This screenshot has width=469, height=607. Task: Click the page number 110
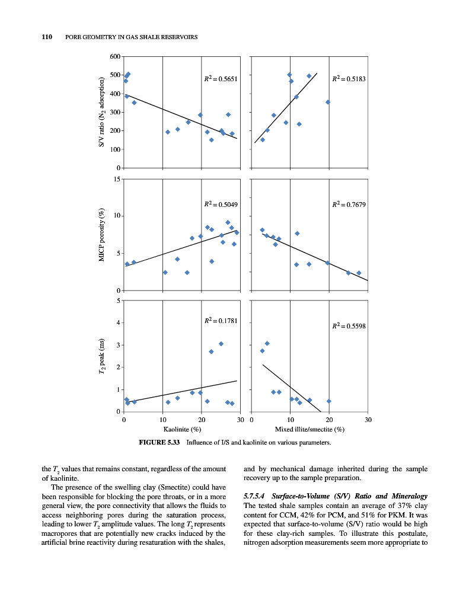point(46,38)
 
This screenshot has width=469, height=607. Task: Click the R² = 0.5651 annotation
point(220,78)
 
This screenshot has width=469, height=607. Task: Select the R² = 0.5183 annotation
point(348,78)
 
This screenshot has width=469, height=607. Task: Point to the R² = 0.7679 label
point(348,205)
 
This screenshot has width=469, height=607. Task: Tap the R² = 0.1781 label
point(220,321)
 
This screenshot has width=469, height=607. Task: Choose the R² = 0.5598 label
point(348,325)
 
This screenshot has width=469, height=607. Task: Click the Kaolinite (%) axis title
point(182,429)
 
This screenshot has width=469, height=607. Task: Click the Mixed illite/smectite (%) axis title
point(310,429)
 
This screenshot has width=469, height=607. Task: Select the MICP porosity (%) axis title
point(102,235)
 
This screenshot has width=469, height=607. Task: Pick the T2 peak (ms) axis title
point(102,356)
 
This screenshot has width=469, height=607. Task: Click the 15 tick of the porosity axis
point(117,179)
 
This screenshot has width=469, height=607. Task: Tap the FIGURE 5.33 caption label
point(159,442)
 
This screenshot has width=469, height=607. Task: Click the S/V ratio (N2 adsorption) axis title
point(102,112)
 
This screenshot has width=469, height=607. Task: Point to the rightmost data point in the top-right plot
point(328,102)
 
